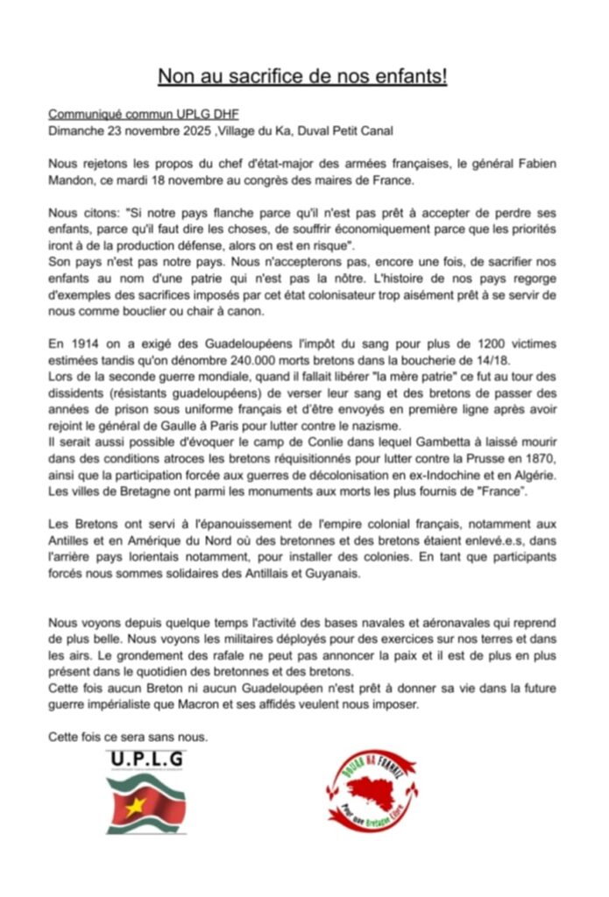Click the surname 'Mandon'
(x=73, y=181)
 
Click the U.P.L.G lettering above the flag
(x=146, y=759)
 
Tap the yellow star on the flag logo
(x=134, y=807)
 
